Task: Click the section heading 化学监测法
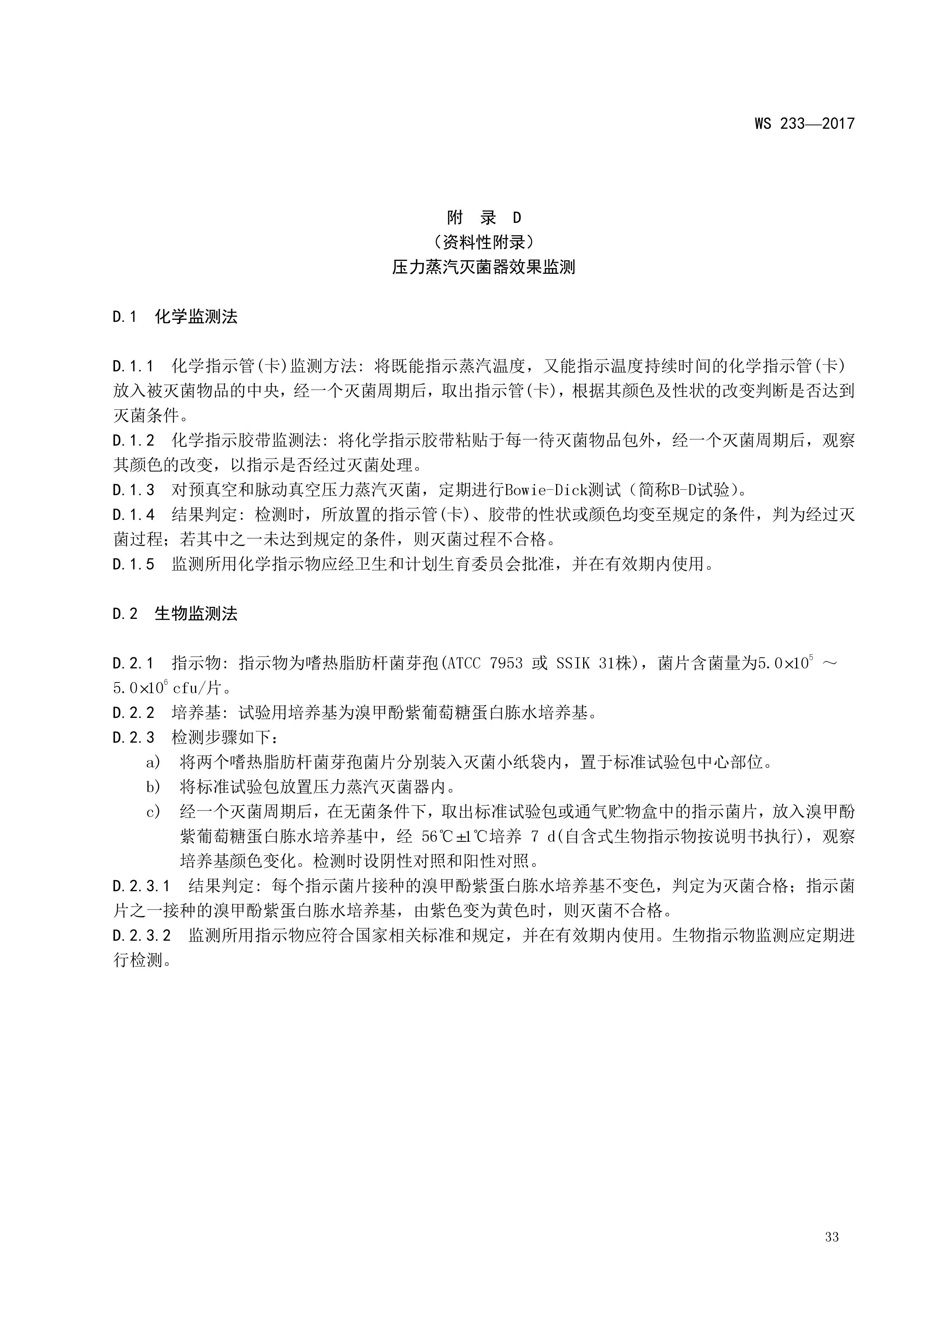tap(196, 317)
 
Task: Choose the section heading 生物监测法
tap(196, 614)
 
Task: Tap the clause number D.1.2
tap(133, 441)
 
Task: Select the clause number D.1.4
tap(133, 515)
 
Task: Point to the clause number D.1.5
tap(133, 564)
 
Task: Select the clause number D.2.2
tap(133, 713)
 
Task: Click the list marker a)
tap(153, 762)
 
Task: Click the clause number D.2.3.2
tap(141, 936)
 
